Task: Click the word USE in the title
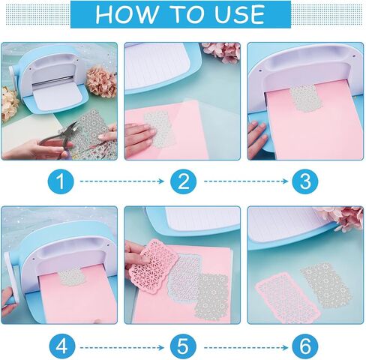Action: [239, 14]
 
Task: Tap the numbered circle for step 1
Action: [61, 181]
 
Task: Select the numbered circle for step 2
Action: [183, 181]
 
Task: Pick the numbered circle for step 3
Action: [305, 181]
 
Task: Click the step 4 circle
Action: [61, 347]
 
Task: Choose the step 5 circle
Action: [183, 347]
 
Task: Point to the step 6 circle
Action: [305, 347]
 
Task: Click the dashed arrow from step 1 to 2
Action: [122, 181]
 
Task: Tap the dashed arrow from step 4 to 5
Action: [122, 347]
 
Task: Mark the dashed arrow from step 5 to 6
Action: [246, 347]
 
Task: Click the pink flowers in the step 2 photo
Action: [222, 52]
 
